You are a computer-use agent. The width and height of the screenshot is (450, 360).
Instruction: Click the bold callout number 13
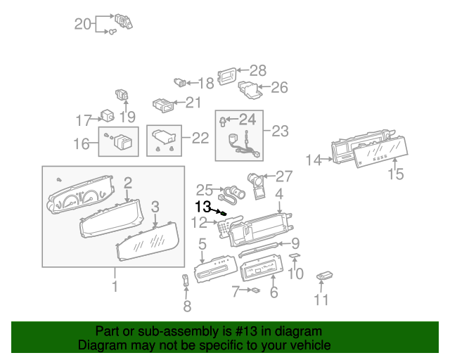click(x=202, y=207)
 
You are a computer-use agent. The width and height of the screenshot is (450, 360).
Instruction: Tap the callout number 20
click(x=84, y=24)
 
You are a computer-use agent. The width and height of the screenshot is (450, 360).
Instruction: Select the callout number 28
click(x=258, y=70)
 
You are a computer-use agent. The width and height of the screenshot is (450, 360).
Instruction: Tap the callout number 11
click(x=321, y=300)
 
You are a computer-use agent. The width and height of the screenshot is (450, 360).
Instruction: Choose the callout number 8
click(x=186, y=306)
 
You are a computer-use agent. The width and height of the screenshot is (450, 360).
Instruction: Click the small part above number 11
click(x=325, y=276)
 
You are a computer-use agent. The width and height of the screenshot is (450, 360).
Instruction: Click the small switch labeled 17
click(x=108, y=115)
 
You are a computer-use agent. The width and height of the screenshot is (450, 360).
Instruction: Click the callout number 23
click(x=280, y=131)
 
